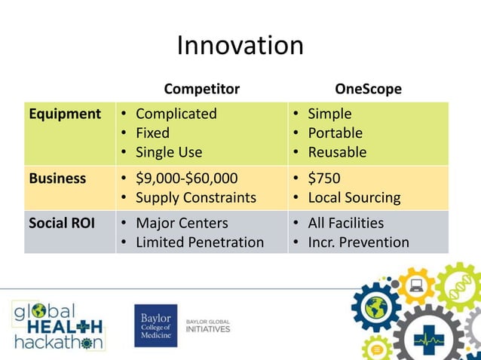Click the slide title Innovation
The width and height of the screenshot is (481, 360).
tap(240, 46)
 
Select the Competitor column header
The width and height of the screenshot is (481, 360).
tap(201, 89)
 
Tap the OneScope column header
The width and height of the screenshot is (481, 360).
tap(368, 89)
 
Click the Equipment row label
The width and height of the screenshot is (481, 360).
tap(65, 114)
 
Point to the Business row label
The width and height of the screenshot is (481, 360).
tap(57, 179)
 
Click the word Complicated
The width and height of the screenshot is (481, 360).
tap(176, 114)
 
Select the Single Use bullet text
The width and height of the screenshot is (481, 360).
tap(168, 152)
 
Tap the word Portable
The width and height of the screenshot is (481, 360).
tap(335, 133)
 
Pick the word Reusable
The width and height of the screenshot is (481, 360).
tap(337, 152)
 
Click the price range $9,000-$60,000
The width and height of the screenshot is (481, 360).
tap(186, 179)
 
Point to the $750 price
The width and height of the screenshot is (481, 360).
tap(323, 179)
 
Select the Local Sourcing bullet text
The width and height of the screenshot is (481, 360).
tap(354, 198)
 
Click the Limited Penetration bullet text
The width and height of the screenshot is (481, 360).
tap(199, 243)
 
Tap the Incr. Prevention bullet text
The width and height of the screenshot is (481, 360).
tap(358, 243)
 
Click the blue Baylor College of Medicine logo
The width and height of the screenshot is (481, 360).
tap(155, 325)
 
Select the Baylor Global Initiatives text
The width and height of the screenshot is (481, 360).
tap(207, 326)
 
